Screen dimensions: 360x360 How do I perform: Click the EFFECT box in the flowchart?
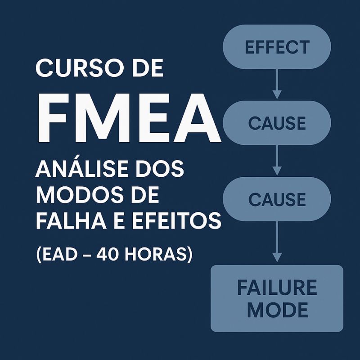pyautogui.click(x=277, y=47)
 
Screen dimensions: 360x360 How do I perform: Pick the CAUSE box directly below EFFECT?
pyautogui.click(x=277, y=122)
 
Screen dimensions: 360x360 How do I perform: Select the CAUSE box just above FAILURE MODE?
pyautogui.click(x=277, y=199)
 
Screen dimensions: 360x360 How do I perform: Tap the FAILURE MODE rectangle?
pyautogui.click(x=277, y=298)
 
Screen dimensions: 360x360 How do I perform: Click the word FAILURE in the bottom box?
pyautogui.click(x=277, y=288)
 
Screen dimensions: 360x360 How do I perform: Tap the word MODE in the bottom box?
pyautogui.click(x=277, y=310)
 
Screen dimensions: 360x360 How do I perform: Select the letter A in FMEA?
pyautogui.click(x=198, y=116)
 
